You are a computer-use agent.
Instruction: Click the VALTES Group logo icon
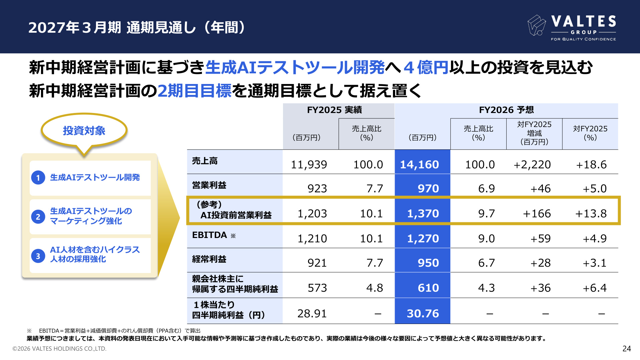point(536,25)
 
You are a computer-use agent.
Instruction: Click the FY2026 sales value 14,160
point(419,165)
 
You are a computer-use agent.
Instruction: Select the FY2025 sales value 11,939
point(309,165)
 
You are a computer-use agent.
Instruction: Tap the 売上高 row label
point(205,161)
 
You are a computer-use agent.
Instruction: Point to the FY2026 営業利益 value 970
point(428,189)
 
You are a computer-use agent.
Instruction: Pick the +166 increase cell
point(537,214)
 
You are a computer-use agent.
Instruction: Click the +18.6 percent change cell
point(591,165)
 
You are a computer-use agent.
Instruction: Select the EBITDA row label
point(210,235)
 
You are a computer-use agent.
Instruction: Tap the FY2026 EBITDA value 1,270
point(423,239)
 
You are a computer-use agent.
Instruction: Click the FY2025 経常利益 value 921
point(317,263)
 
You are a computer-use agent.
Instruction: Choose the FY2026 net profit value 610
point(428,288)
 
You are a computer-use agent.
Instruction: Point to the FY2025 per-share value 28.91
point(312,314)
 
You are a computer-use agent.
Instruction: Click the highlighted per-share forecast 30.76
point(423,314)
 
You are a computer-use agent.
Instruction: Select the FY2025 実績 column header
point(334,110)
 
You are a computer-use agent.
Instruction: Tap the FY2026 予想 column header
point(506,110)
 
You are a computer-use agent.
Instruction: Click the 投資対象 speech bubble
point(84,131)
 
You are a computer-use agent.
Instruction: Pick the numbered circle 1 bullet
point(38,178)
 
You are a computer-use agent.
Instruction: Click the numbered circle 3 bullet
point(38,256)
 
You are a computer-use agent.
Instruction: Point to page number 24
point(627,349)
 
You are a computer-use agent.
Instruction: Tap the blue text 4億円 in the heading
point(426,67)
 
